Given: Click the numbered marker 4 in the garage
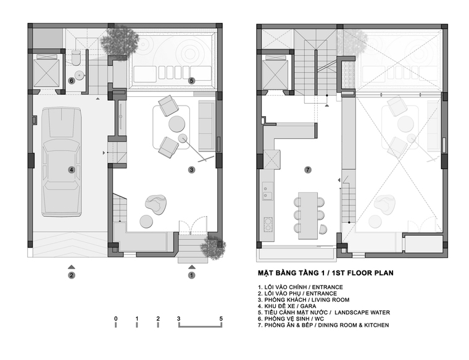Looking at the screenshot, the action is pyautogui.click(x=71, y=170).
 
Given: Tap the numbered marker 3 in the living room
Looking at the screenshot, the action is pyautogui.click(x=191, y=170).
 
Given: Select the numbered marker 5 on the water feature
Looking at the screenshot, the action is pyautogui.click(x=191, y=80).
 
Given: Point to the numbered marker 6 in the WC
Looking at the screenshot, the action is pyautogui.click(x=71, y=80).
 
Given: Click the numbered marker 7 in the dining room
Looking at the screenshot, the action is pyautogui.click(x=308, y=170).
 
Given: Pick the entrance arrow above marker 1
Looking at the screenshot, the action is pyautogui.click(x=192, y=267).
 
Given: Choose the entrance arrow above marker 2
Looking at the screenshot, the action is pyautogui.click(x=71, y=267).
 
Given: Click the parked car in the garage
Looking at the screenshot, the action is pyautogui.click(x=62, y=162).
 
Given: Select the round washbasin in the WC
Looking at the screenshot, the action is pyautogui.click(x=79, y=75).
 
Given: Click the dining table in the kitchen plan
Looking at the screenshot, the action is pyautogui.click(x=308, y=216).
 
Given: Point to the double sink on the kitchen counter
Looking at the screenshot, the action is pyautogui.click(x=267, y=191).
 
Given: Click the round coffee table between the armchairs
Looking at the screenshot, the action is pyautogui.click(x=176, y=123).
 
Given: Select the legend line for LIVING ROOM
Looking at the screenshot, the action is pyautogui.click(x=304, y=299).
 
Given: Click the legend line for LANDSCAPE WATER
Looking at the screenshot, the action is pyautogui.click(x=324, y=312).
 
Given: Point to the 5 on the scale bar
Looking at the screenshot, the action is pyautogui.click(x=221, y=319).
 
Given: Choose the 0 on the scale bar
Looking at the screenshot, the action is pyautogui.click(x=116, y=319).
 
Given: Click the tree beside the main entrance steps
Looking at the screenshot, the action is pyautogui.click(x=213, y=246).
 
